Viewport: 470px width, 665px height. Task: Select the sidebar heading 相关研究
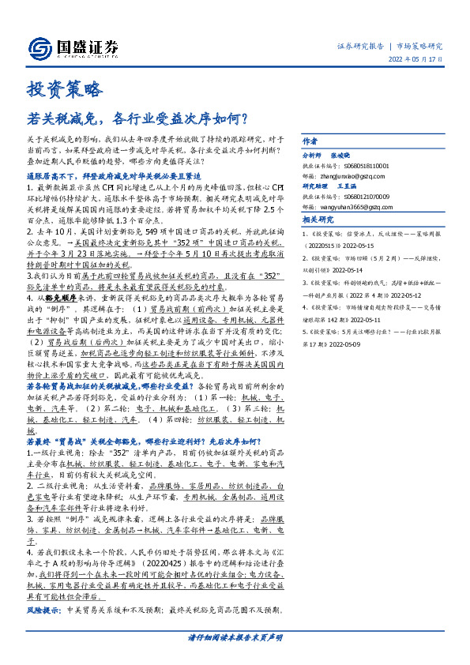pyautogui.click(x=318, y=220)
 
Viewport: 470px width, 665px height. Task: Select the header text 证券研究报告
pyautogui.click(x=361, y=47)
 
